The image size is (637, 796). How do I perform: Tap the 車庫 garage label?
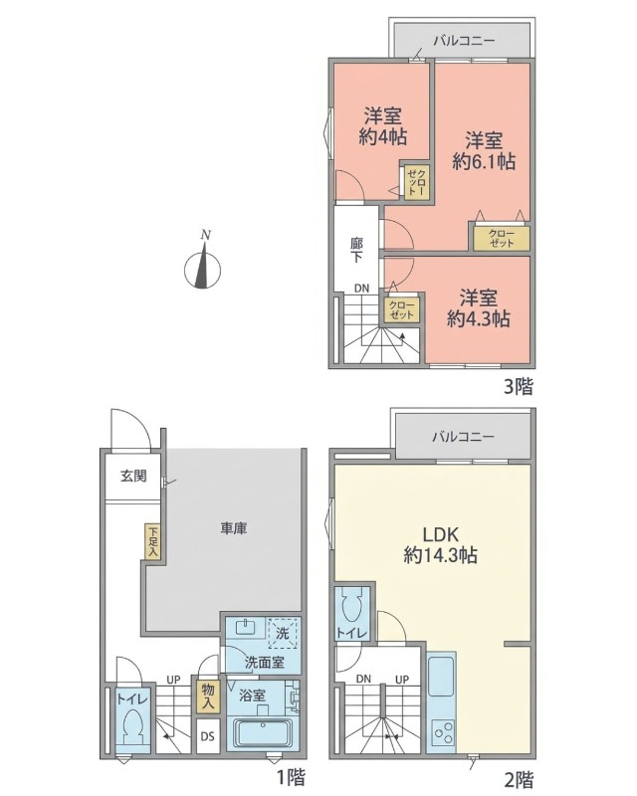[x=234, y=528]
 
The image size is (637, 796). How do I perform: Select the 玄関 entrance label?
[x=133, y=476]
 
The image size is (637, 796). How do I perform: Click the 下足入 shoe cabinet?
[x=153, y=541]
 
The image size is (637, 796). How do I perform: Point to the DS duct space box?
[x=208, y=736]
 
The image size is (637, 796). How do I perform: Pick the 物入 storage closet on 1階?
[x=208, y=696]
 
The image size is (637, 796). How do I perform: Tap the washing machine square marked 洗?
[x=283, y=633]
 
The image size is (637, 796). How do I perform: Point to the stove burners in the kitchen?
[x=443, y=732]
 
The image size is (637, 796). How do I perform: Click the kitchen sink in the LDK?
[x=442, y=678]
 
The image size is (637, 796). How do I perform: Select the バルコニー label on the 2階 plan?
[x=463, y=437]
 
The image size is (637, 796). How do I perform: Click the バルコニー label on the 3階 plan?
[x=464, y=41]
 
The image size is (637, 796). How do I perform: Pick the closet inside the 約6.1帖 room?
[x=502, y=238]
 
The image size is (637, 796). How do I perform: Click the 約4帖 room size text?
[x=383, y=137]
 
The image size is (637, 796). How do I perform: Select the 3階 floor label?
[x=519, y=387]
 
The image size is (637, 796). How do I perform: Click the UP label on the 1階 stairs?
[x=174, y=680]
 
